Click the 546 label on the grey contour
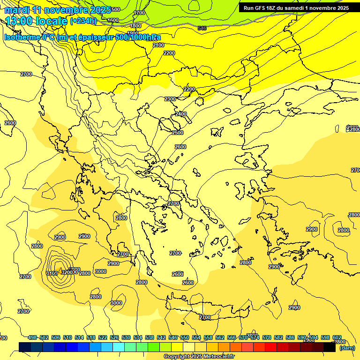[x=202, y=28]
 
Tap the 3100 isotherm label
[x=52, y=273]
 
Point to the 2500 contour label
[x=178, y=133]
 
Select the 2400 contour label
[x=181, y=114]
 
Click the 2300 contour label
[x=170, y=99]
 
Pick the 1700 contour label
[x=139, y=13]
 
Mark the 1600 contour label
[x=113, y=20]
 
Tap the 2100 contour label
[x=158, y=45]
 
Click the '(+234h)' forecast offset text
[x=83, y=21]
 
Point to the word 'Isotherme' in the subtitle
[x=22, y=37]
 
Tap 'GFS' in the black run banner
[x=262, y=8]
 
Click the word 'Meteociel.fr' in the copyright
[x=216, y=357]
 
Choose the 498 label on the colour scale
[x=32, y=337]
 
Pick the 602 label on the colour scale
[x=337, y=337]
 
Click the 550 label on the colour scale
[x=185, y=337]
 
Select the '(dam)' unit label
[x=347, y=347]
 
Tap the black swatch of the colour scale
[x=330, y=347]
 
